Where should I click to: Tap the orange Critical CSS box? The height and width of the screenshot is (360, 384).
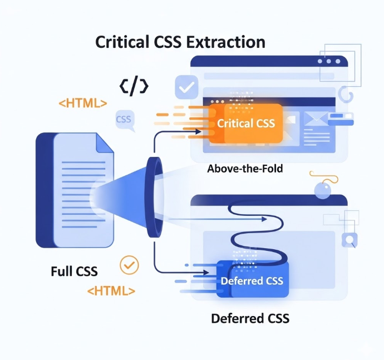[x=245, y=123]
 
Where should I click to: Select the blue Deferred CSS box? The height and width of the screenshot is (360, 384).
[x=252, y=280]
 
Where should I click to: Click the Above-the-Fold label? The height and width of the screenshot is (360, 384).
[x=245, y=168]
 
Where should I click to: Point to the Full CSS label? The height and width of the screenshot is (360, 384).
[x=74, y=272]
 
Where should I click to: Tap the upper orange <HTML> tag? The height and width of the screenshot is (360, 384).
[x=83, y=103]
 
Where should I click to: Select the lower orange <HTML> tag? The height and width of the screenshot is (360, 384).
[x=111, y=290]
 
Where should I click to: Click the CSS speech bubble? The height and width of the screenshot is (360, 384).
[x=124, y=120]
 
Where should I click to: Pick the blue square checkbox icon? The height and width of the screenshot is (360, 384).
[x=186, y=87]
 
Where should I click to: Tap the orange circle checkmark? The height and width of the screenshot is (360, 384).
[x=130, y=265]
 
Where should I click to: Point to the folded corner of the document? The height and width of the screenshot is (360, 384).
[x=105, y=142]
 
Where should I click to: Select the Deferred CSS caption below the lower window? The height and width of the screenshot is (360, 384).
[x=250, y=319]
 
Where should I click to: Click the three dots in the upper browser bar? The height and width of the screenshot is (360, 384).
[x=329, y=61]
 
